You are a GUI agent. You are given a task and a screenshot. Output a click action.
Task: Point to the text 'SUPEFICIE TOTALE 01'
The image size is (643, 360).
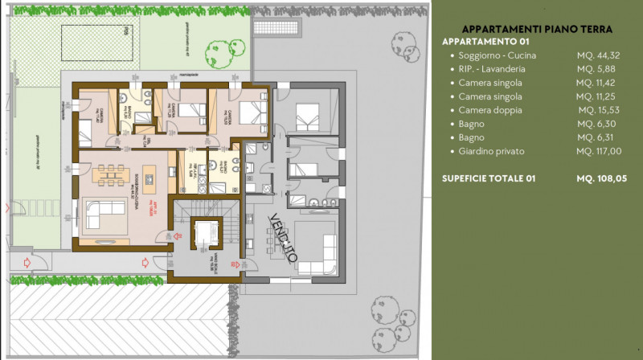(x=489, y=178)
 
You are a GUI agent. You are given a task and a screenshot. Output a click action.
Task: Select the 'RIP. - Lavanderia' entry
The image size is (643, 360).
(x=496, y=69)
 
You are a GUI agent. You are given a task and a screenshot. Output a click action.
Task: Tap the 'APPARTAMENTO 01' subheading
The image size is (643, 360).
(x=485, y=42)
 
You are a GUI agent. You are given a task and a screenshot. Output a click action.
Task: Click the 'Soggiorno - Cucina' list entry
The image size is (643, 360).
(x=497, y=55)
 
